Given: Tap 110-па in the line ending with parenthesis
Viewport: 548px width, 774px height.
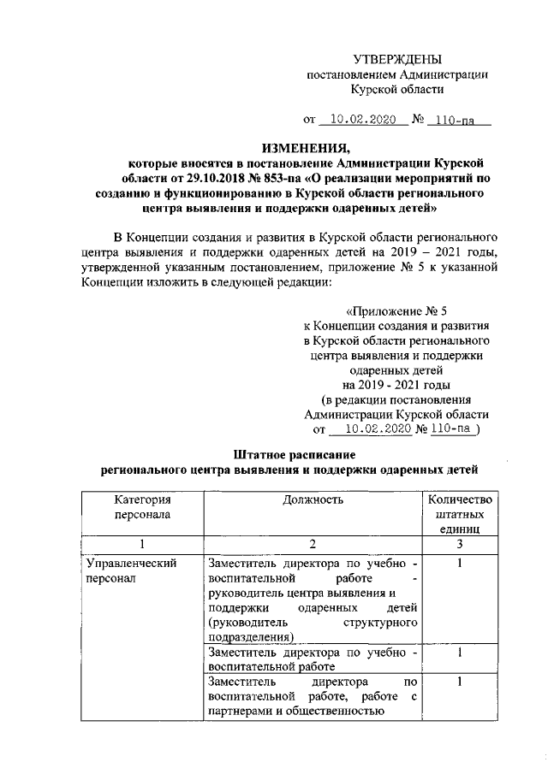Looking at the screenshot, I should pos(450,432).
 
